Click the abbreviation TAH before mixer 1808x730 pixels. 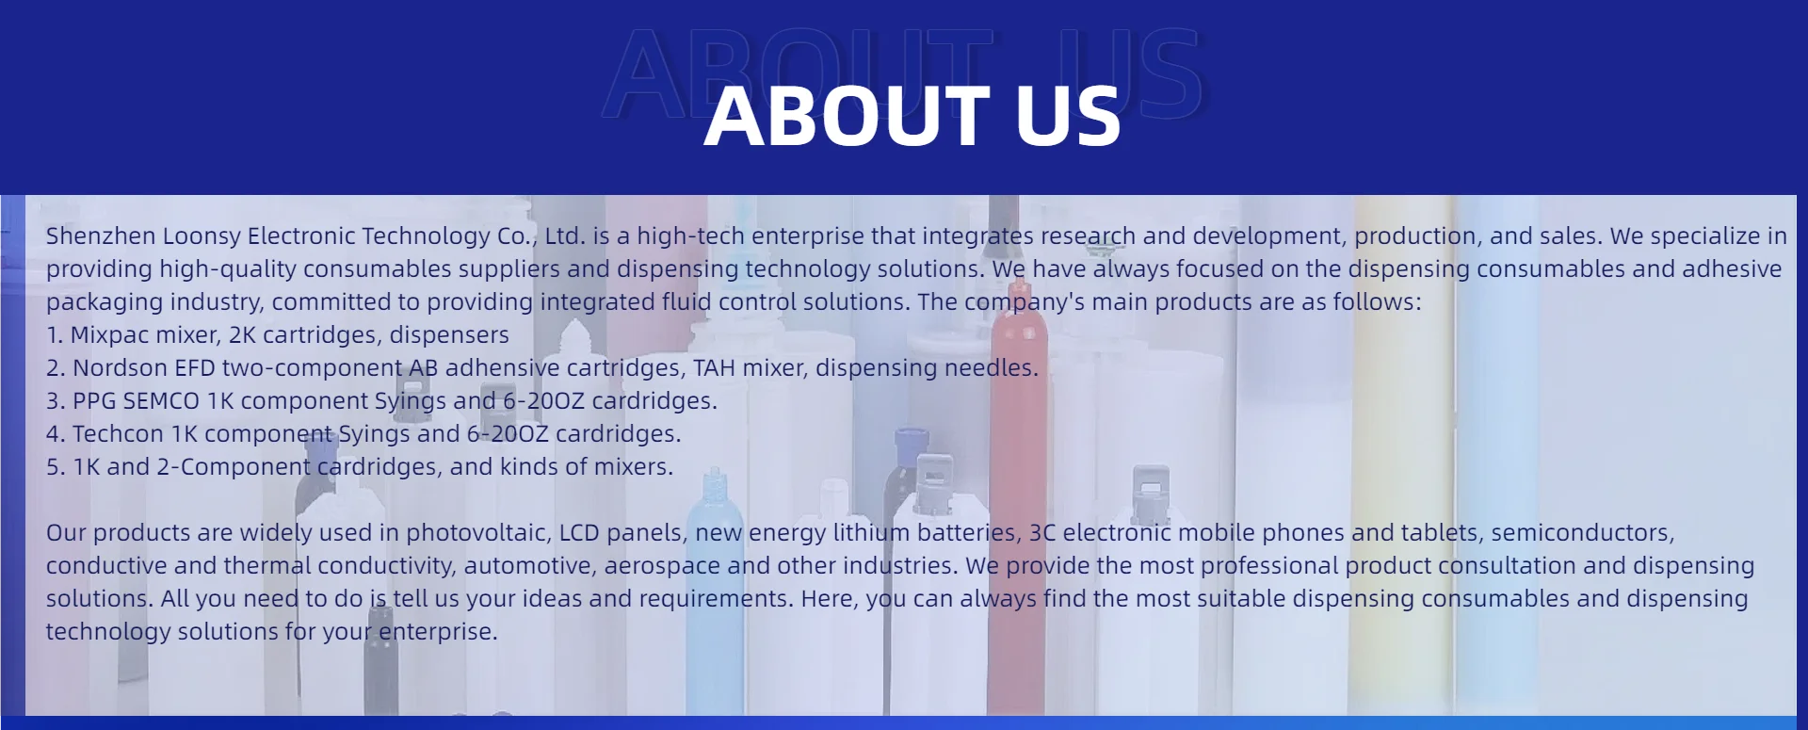pos(715,368)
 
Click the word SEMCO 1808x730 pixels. pos(161,401)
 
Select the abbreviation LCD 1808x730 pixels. pos(579,533)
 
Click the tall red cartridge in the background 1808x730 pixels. pos(1017,509)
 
